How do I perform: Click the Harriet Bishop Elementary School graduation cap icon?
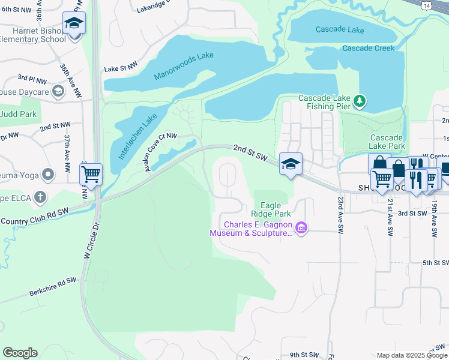click(74, 24)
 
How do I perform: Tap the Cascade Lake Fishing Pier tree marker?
click(360, 101)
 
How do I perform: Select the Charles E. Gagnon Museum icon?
click(302, 227)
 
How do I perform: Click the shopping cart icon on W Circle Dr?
click(91, 175)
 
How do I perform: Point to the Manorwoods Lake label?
click(184, 66)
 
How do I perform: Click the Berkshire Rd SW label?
click(53, 287)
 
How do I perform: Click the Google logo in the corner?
click(20, 353)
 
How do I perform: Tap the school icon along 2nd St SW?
click(291, 164)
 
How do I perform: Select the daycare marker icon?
click(58, 91)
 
